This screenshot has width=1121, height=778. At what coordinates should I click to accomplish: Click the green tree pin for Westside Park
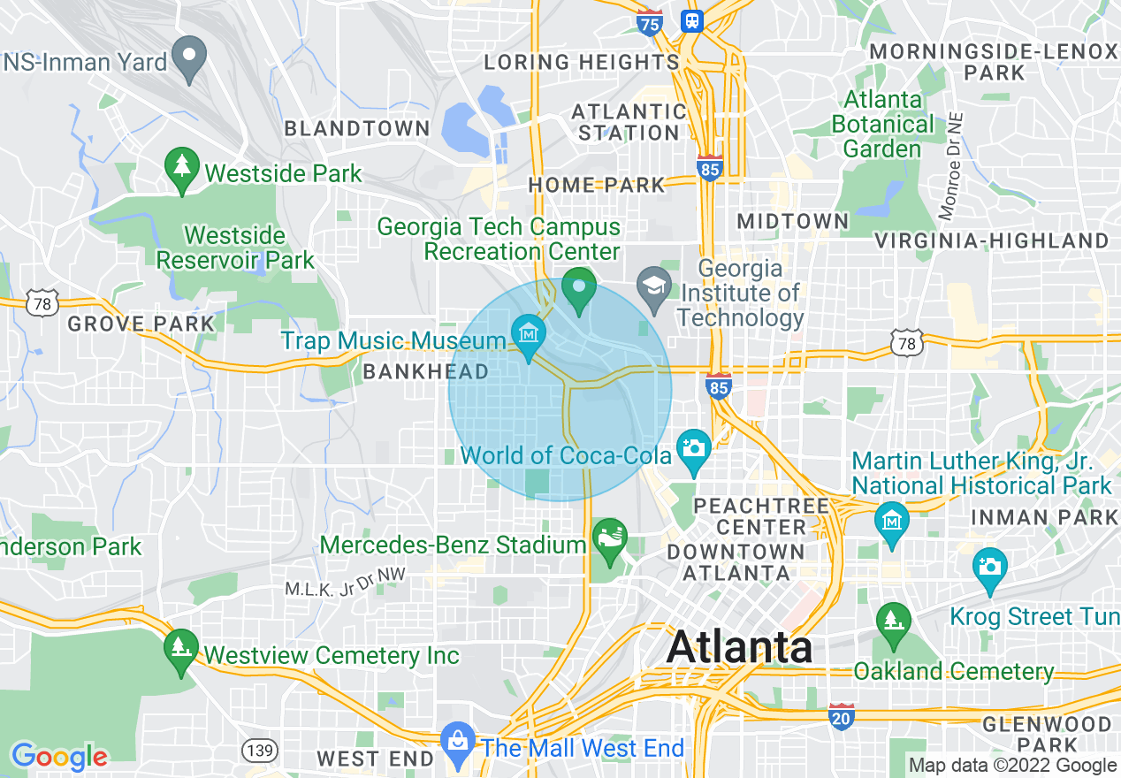pyautogui.click(x=182, y=168)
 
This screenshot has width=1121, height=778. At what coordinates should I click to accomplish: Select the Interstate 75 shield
pyautogui.click(x=650, y=23)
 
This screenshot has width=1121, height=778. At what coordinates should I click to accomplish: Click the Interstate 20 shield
pyautogui.click(x=842, y=717)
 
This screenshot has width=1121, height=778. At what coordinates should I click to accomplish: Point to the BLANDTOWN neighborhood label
pyautogui.click(x=357, y=129)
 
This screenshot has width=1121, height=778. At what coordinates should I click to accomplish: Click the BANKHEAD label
pyautogui.click(x=426, y=372)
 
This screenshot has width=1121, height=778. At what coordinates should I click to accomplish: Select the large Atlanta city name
pyautogui.click(x=740, y=647)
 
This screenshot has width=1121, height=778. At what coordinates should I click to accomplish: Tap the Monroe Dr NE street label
pyautogui.click(x=950, y=166)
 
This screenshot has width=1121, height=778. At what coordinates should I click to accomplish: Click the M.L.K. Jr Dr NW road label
pyautogui.click(x=345, y=582)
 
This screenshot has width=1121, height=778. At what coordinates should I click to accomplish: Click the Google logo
pyautogui.click(x=59, y=757)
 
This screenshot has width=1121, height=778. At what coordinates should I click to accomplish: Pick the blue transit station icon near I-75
pyautogui.click(x=691, y=21)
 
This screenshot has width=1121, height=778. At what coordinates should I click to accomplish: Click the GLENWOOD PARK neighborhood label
pyautogui.click(x=1047, y=735)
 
